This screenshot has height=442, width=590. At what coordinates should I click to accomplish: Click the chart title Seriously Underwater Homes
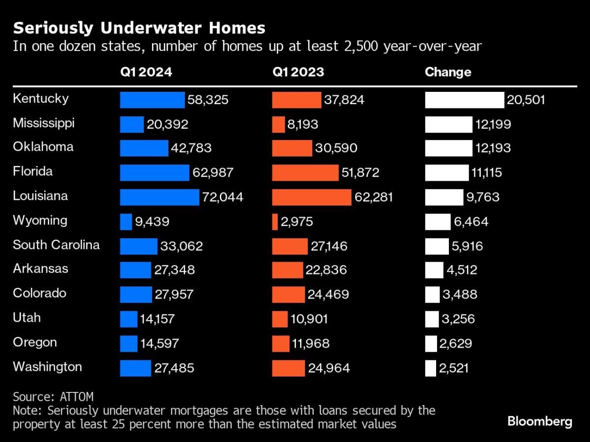pos(139,28)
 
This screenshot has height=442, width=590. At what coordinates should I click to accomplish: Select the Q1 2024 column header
pos(146,72)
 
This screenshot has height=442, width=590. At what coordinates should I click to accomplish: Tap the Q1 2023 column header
pos(298,72)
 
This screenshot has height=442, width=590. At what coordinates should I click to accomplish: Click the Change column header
pos(448,72)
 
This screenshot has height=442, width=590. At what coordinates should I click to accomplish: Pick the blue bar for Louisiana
pos(159,197)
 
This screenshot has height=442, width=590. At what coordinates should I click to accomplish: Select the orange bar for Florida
pos(305,173)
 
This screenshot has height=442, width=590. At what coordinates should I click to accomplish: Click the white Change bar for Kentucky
pos(465,100)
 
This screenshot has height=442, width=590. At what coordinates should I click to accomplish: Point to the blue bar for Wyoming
pos(126,222)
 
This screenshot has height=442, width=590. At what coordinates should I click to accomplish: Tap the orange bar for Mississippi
pos(278,124)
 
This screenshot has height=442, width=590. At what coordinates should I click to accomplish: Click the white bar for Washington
pos(430,368)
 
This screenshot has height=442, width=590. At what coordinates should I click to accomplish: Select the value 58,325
pos(207,100)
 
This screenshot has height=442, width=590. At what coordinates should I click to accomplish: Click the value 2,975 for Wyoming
pos(296,222)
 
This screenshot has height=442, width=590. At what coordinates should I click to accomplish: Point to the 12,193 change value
pos(493,148)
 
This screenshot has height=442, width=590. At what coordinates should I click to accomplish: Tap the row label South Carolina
pos(56,245)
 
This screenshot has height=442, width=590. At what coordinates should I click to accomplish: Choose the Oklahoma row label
pos(43,147)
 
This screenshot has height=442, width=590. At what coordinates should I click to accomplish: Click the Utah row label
pos(27,318)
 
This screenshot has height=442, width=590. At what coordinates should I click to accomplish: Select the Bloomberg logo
pos(540,421)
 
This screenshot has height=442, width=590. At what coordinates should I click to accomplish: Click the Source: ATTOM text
pos(53,397)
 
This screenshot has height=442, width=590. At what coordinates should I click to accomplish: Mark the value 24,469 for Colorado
pos(328,295)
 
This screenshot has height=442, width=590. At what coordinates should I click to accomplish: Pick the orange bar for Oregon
pos(281,343)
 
